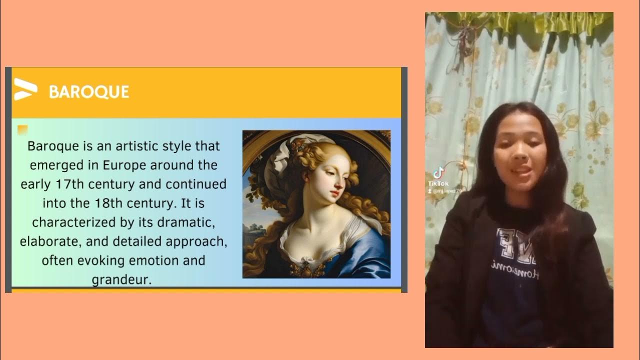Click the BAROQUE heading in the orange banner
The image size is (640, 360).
(x=89, y=92)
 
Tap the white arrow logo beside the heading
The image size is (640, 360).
(x=25, y=89)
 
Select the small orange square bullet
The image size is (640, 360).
(x=22, y=130)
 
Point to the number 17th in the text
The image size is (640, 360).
(x=69, y=184)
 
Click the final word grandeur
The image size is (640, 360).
(x=121, y=279)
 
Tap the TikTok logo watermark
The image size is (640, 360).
(x=438, y=173)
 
